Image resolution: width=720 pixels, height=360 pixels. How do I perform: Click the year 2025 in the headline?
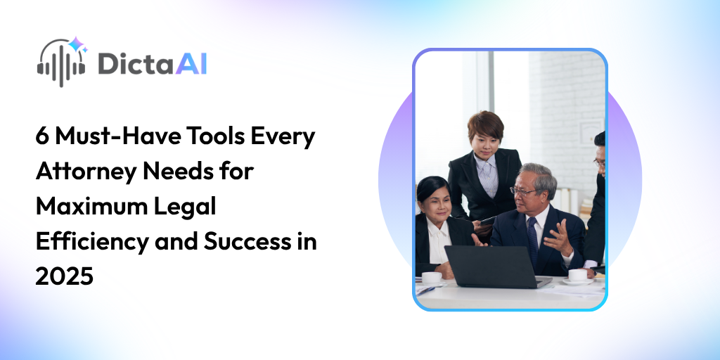[x=64, y=277]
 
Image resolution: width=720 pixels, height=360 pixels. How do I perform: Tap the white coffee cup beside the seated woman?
[x=432, y=277]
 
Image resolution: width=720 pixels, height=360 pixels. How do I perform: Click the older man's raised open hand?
[x=561, y=236]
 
